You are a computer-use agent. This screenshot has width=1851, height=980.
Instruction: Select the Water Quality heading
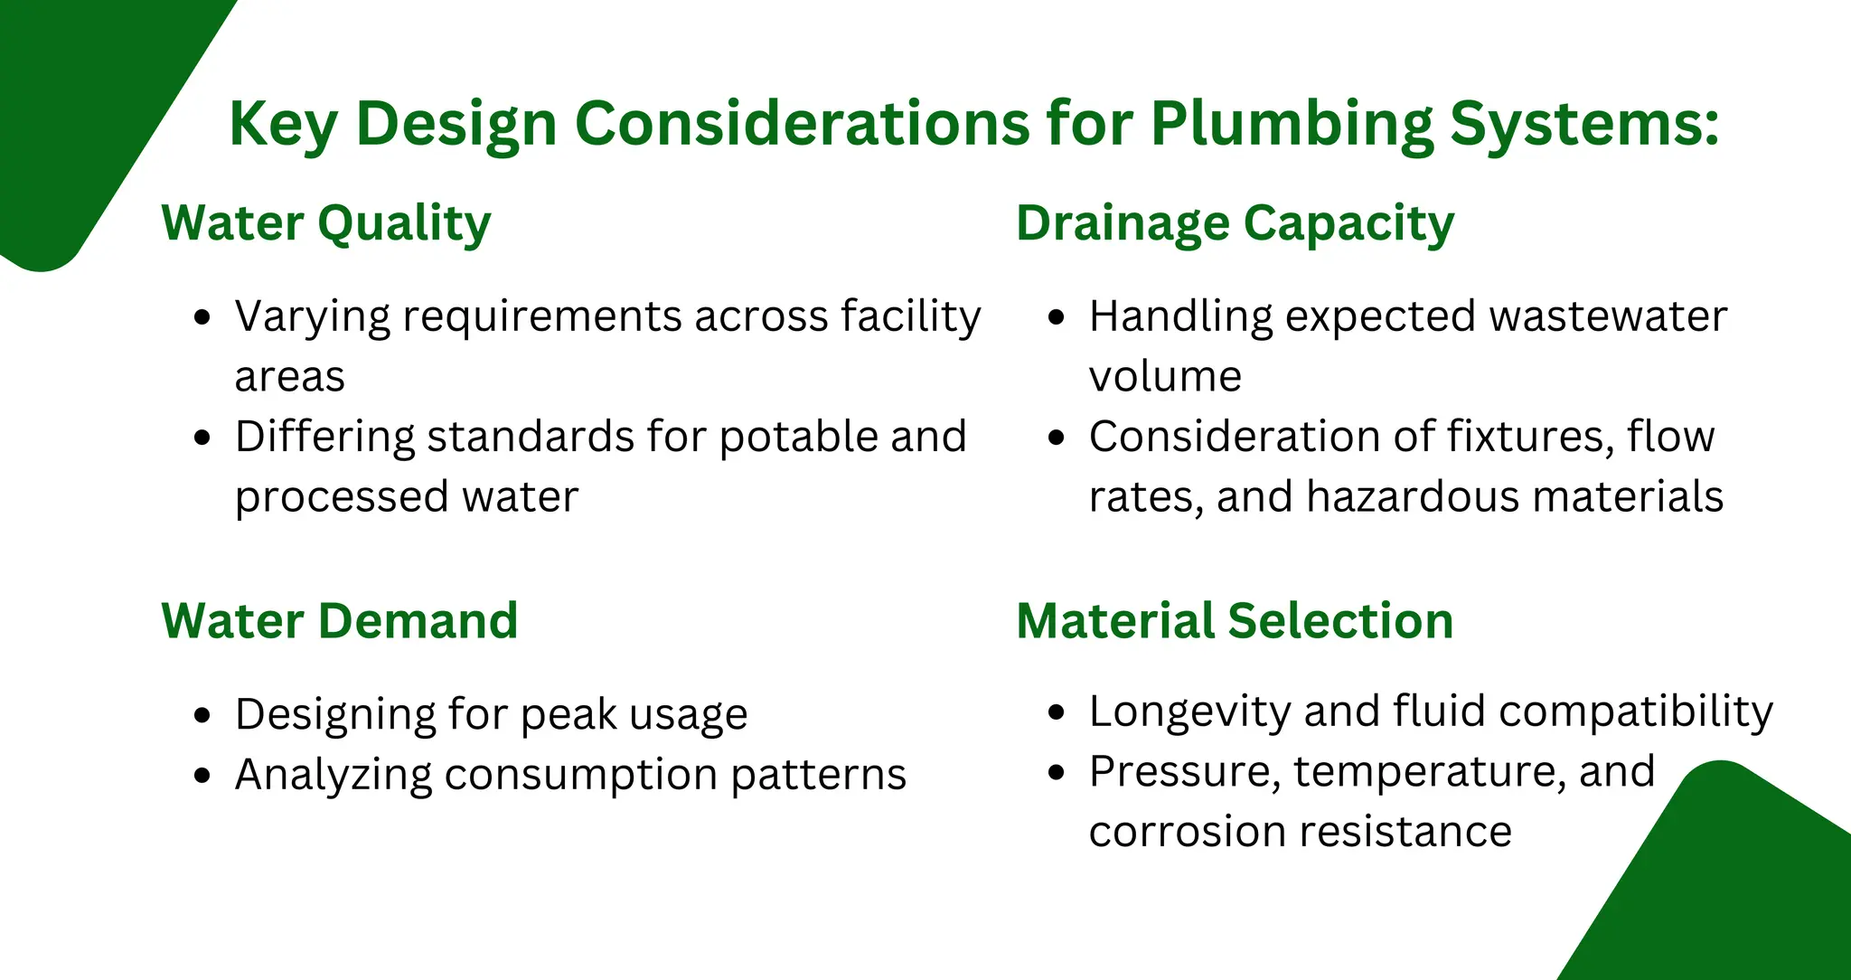tap(326, 223)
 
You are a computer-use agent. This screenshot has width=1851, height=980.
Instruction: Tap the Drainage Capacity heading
tap(1235, 223)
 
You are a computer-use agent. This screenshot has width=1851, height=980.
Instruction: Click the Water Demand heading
tap(340, 621)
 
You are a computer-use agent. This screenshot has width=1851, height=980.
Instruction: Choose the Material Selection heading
tap(1235, 621)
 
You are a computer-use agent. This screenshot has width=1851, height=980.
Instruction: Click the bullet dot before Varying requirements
tap(202, 317)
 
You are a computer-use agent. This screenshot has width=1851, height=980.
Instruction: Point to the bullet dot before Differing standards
tap(202, 438)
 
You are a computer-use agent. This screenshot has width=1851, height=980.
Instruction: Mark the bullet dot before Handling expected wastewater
tap(1057, 317)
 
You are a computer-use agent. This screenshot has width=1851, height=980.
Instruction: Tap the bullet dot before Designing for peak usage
tap(202, 715)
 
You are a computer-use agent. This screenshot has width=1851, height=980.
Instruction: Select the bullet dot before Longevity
tap(1057, 712)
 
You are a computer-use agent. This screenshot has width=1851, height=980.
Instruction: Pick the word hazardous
tap(1413, 497)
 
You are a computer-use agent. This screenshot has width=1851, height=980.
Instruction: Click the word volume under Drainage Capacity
tap(1165, 377)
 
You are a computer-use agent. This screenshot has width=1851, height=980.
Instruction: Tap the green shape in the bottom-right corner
tap(1726, 886)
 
